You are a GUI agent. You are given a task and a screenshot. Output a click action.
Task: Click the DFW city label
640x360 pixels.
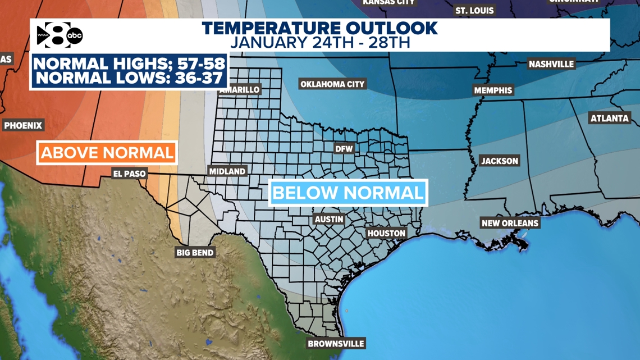[344, 149]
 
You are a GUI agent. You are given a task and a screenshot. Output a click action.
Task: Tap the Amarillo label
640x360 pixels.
[240, 90]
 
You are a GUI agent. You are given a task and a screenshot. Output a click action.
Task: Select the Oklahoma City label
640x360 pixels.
[332, 84]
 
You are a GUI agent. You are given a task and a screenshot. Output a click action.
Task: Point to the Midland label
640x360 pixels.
[227, 171]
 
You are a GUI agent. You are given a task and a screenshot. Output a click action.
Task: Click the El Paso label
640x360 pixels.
[129, 174]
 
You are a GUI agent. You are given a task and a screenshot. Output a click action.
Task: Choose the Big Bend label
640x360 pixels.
[195, 253]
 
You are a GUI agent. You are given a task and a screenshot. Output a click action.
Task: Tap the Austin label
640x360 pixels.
[329, 220]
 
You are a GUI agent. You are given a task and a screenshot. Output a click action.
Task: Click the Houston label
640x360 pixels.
[386, 233]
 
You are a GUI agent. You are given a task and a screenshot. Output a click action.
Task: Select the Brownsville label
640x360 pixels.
[336, 344]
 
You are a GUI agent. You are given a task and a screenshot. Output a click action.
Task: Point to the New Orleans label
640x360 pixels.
[510, 223]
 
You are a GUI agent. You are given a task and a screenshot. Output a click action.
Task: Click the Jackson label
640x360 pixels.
[500, 161]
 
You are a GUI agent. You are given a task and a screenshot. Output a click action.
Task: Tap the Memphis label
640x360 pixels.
[493, 90]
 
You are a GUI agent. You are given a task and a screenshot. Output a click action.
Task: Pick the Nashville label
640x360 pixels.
[551, 64]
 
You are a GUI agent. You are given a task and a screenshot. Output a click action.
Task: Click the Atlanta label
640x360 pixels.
[609, 119]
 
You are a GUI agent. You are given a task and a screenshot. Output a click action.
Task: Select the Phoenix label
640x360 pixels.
[23, 126]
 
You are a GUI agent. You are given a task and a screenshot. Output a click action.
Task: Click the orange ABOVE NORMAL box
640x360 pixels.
[107, 153]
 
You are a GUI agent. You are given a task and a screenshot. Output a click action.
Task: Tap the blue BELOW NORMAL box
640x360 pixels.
[348, 193]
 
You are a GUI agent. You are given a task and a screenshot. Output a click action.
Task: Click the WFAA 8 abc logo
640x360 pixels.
[60, 36]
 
